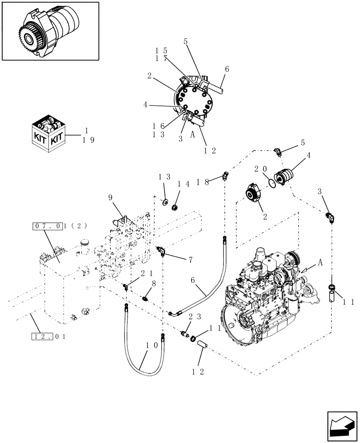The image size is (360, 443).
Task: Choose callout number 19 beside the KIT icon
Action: click(x=89, y=140)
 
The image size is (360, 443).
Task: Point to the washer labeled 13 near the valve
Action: click(x=165, y=203)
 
